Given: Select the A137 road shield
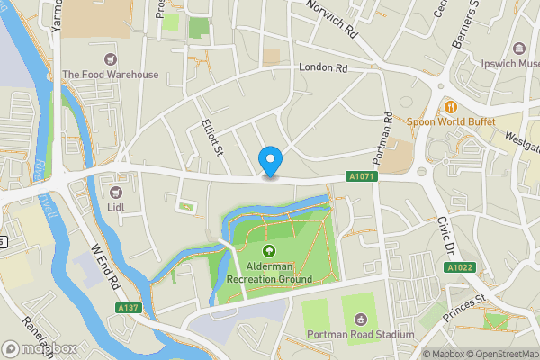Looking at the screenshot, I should click(x=128, y=308).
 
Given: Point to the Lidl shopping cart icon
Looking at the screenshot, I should click(x=115, y=192).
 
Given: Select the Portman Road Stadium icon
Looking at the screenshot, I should click(x=361, y=319).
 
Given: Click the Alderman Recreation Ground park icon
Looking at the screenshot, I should click(x=268, y=251).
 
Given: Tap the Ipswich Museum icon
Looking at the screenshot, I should click(x=519, y=49).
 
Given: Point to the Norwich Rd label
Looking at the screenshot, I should click(x=333, y=19).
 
